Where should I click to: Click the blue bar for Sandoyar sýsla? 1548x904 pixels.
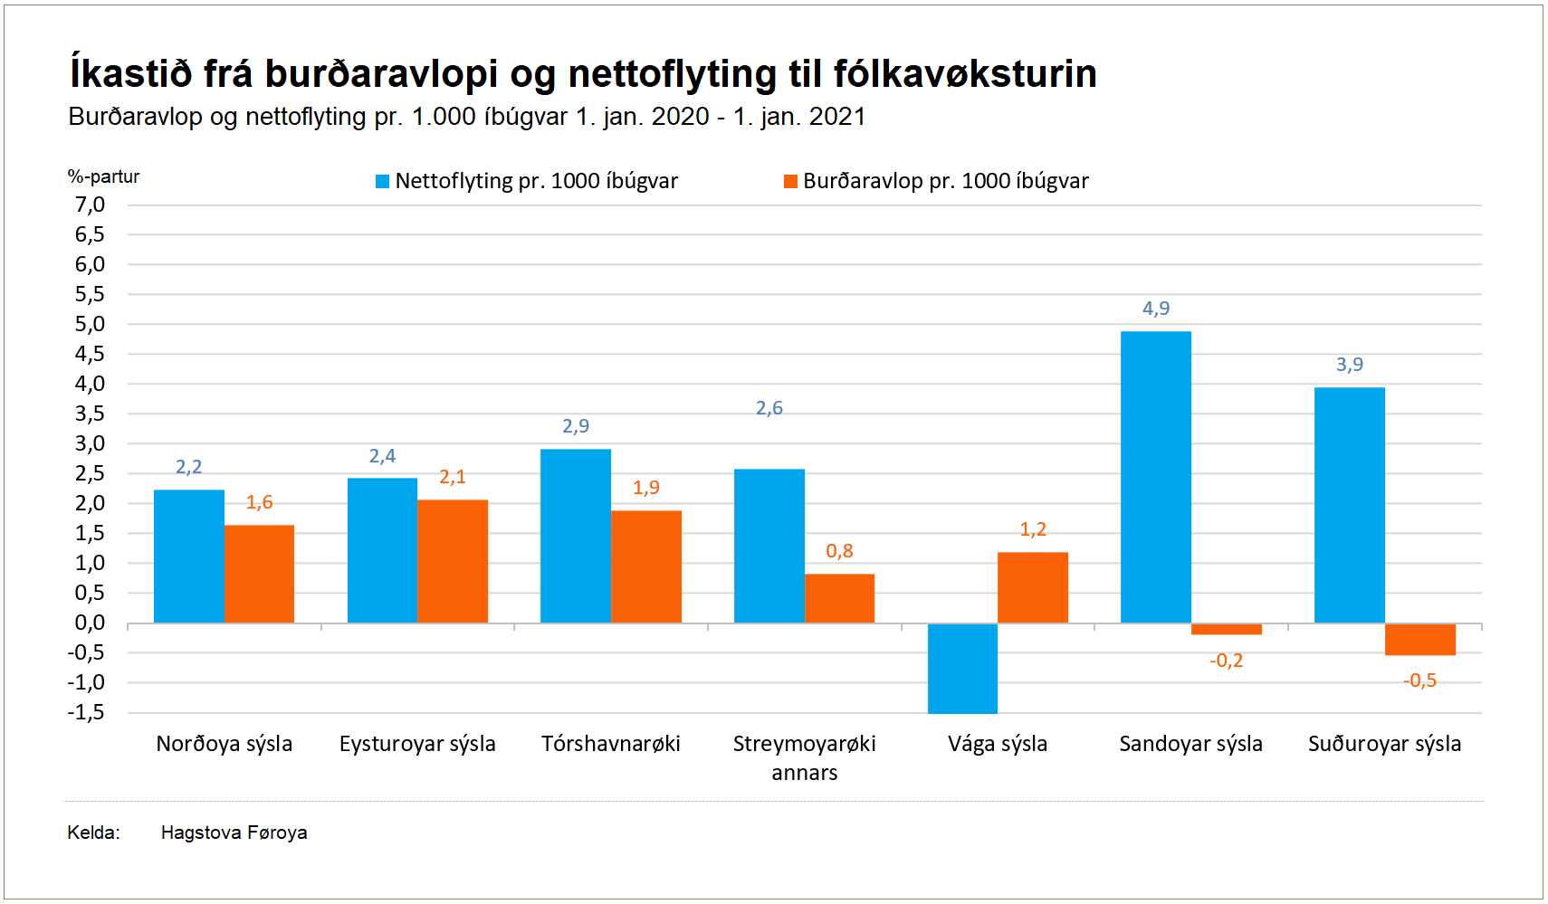tap(1155, 477)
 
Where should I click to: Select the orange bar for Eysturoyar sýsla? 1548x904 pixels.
tap(453, 561)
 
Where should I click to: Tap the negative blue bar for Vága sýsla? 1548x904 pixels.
tap(962, 668)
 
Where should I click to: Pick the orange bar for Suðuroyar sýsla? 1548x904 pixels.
tap(1419, 639)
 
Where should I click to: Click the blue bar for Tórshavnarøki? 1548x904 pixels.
tap(576, 536)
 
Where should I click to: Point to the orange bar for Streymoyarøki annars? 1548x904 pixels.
tap(839, 598)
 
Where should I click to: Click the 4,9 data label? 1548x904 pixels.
tap(1156, 309)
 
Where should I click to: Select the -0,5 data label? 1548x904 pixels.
tap(1419, 680)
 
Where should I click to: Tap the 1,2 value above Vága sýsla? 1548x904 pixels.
tap(1033, 529)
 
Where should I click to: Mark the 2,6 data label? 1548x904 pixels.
tap(769, 408)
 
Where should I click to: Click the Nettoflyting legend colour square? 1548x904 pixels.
tap(383, 182)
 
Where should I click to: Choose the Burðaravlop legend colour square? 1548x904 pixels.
tap(790, 182)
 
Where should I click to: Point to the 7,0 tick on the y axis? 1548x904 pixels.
tap(91, 205)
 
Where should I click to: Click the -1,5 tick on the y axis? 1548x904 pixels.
tap(87, 712)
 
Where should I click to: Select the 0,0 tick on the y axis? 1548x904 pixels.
tap(91, 623)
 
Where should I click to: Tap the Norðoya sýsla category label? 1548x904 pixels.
tap(225, 744)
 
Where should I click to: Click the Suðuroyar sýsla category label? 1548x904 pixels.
tap(1384, 744)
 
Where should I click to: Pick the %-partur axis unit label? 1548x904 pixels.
tap(103, 176)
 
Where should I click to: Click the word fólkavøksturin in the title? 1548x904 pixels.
tap(965, 73)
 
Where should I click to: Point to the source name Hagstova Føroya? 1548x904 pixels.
tap(234, 833)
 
